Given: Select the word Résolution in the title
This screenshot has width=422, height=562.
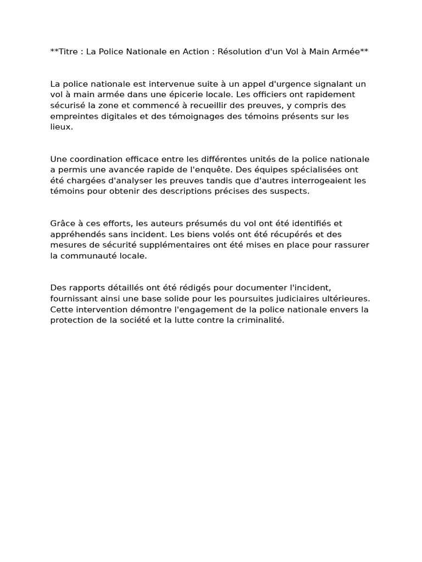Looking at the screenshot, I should (240, 52).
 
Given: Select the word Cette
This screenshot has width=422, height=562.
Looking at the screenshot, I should (62, 309).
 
